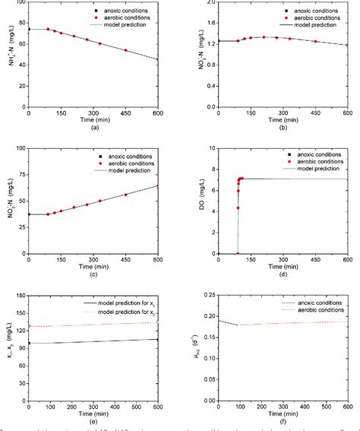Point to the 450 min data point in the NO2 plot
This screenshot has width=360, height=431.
(315, 41)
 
